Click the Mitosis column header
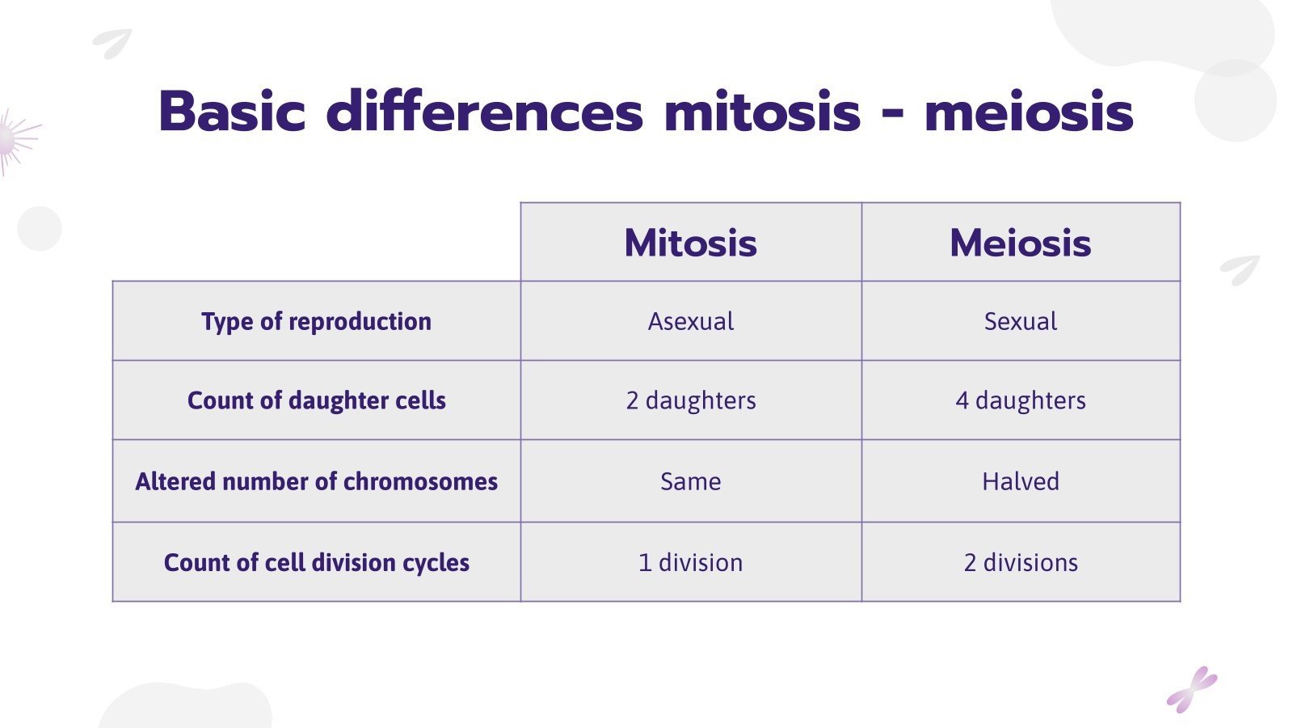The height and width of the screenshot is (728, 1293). point(690,243)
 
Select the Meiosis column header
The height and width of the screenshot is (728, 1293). point(1020,243)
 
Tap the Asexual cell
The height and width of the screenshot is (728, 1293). point(690,321)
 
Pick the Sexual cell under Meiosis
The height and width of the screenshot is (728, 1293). point(1020,321)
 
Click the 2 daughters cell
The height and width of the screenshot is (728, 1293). point(690,400)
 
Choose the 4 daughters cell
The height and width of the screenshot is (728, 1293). point(1020,400)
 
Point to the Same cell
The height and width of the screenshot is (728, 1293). point(690,481)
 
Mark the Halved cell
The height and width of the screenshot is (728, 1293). point(1020,481)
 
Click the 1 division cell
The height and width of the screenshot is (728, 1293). point(690,562)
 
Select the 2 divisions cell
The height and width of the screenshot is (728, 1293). point(1020,562)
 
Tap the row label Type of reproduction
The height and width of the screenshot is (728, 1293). point(316,321)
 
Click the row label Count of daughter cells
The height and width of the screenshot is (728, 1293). point(316,400)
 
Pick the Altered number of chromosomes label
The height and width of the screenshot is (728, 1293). point(316,481)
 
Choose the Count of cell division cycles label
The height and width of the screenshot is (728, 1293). point(316,562)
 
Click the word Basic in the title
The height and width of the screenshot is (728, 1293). point(232,111)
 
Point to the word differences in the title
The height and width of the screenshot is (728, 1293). point(484,111)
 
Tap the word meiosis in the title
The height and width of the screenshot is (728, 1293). point(1028,112)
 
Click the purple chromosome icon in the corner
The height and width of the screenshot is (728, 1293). point(1191,690)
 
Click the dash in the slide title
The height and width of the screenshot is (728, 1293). point(892,116)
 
